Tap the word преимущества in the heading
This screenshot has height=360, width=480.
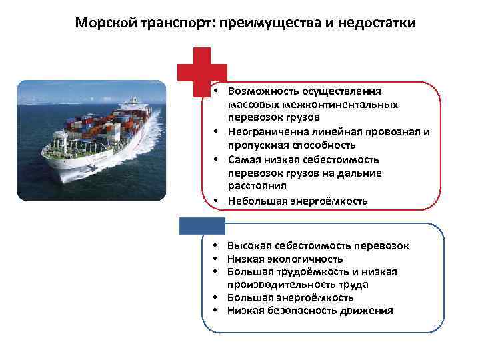pyautogui.click(x=257, y=23)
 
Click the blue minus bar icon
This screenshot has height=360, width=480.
pyautogui.click(x=202, y=225)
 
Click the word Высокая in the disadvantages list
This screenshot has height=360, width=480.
pyautogui.click(x=249, y=246)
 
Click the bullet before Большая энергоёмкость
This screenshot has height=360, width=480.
pyautogui.click(x=218, y=297)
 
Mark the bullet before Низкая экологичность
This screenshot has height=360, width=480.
pyautogui.click(x=218, y=259)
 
